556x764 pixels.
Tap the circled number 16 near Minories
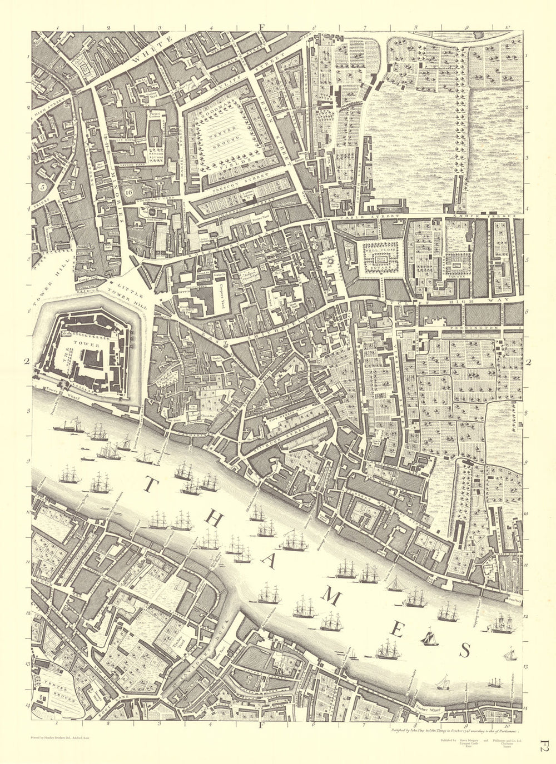129,193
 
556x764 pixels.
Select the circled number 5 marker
42,187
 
